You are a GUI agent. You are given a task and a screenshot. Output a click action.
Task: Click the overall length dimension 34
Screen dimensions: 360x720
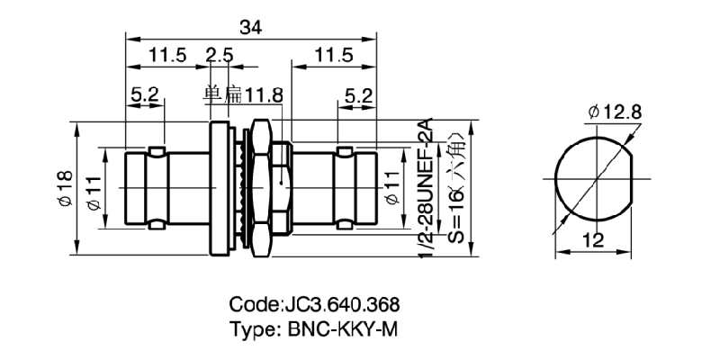[251, 28]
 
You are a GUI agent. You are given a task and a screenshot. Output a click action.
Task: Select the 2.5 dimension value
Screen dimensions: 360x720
[220, 56]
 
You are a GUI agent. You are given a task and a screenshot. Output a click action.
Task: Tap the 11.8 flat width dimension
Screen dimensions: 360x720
[265, 93]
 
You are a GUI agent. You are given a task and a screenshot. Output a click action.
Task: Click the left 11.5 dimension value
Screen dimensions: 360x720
[167, 56]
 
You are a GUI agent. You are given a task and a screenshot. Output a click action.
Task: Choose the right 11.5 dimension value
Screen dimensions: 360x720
[334, 56]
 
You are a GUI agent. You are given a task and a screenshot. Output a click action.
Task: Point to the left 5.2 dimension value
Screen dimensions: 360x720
[145, 93]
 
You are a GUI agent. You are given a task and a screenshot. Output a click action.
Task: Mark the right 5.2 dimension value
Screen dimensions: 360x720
[358, 93]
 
